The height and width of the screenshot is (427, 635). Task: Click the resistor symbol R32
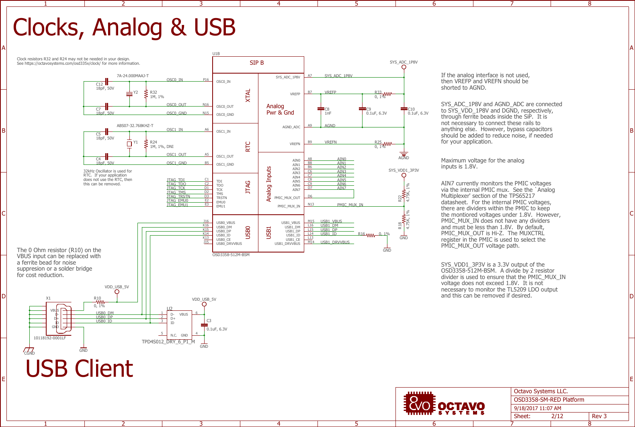coord(146,94)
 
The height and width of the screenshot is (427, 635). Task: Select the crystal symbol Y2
coord(129,94)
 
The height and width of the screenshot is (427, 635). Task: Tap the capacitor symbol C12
coord(107,82)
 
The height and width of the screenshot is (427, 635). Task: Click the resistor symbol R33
coord(387,94)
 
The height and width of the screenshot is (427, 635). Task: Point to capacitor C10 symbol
coord(404,109)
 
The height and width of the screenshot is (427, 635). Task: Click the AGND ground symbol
coord(404,155)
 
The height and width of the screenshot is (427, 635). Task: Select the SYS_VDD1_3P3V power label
coord(404,170)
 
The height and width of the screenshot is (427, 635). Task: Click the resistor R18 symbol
coord(404,219)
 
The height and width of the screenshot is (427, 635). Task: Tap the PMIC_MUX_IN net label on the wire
coord(350,205)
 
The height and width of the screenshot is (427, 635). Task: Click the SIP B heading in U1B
coord(257,63)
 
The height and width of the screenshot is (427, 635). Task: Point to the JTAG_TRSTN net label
coord(178,197)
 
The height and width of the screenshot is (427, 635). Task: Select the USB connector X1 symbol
coord(61,318)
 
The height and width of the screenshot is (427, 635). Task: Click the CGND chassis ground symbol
coord(29,351)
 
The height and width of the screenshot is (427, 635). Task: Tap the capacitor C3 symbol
coord(204,324)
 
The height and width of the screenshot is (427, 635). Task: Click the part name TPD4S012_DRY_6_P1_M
coord(168,342)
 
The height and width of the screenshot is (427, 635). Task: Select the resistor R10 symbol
coord(100,302)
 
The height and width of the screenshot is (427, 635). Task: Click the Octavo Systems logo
coord(444,404)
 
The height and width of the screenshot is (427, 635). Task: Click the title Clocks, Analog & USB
coord(124,27)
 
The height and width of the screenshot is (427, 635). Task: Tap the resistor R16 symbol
coord(371,235)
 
